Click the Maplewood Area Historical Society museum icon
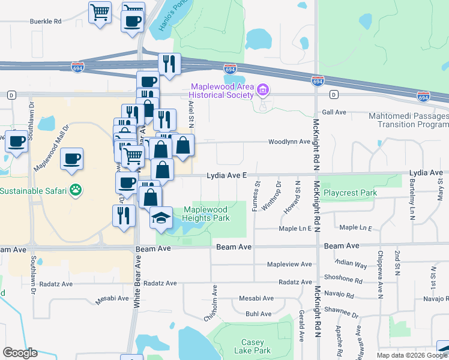click(x=262, y=90)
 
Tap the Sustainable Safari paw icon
click(x=76, y=191)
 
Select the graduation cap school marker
click(x=161, y=217)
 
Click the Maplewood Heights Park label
click(x=206, y=214)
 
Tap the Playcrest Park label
click(x=350, y=193)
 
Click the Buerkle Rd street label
click(x=46, y=22)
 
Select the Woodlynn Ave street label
click(x=289, y=142)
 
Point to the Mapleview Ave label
click(x=289, y=264)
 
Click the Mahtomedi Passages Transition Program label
click(x=412, y=120)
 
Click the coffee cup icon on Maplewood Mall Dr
click(x=72, y=159)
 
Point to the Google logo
click(x=20, y=353)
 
